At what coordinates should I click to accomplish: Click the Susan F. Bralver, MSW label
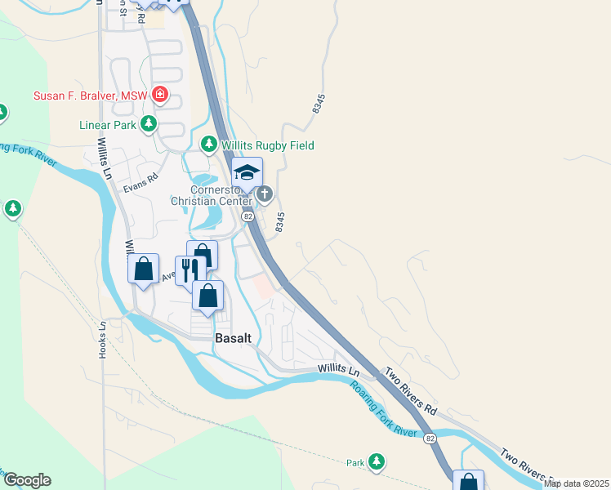tap(90, 96)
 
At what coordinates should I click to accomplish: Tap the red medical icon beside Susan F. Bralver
tap(160, 96)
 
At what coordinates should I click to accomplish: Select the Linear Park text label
tap(107, 125)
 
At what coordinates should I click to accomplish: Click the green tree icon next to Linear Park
tap(148, 124)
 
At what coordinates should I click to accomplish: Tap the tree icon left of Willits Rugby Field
tap(210, 145)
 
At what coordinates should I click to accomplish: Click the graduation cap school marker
tap(247, 172)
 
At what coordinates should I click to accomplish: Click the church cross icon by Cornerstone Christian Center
tap(265, 194)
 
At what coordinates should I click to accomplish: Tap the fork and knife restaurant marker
tap(190, 270)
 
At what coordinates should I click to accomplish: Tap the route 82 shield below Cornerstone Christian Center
tap(248, 216)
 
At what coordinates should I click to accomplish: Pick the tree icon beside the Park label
tap(377, 462)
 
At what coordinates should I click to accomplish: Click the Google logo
tap(27, 480)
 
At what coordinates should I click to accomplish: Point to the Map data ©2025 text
tap(576, 483)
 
